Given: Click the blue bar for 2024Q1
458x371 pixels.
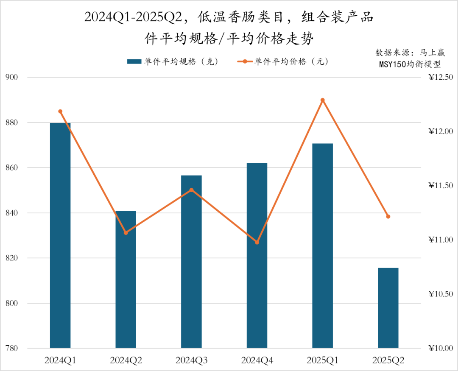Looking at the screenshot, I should pyautogui.click(x=60, y=235).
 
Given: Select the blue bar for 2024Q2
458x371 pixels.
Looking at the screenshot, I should pyautogui.click(x=126, y=279).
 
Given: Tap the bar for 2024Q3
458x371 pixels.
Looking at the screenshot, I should pyautogui.click(x=191, y=262).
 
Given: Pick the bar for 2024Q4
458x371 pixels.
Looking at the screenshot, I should pyautogui.click(x=257, y=255).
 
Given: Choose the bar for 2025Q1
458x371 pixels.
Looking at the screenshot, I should pyautogui.click(x=322, y=246).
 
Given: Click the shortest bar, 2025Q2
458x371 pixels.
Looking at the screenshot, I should pyautogui.click(x=388, y=308).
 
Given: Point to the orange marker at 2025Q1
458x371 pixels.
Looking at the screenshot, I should pyautogui.click(x=322, y=100).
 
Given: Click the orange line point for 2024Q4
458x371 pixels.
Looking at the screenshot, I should pyautogui.click(x=257, y=243).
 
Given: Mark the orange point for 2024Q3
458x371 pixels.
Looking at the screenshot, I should pyautogui.click(x=191, y=190).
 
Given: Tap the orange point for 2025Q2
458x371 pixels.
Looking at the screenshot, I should pyautogui.click(x=388, y=217).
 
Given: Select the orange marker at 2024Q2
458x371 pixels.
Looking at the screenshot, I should pyautogui.click(x=126, y=233).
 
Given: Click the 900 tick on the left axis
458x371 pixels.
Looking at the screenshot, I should pyautogui.click(x=11, y=78).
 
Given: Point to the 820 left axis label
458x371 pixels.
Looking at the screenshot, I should pyautogui.click(x=11, y=258).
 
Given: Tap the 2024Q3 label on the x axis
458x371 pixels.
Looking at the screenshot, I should pyautogui.click(x=191, y=361).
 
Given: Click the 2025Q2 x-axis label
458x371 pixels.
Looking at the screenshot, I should pyautogui.click(x=388, y=361).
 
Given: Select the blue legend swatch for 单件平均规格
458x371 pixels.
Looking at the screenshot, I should pyautogui.click(x=134, y=62).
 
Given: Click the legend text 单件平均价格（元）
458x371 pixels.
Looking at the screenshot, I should pyautogui.click(x=291, y=62).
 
